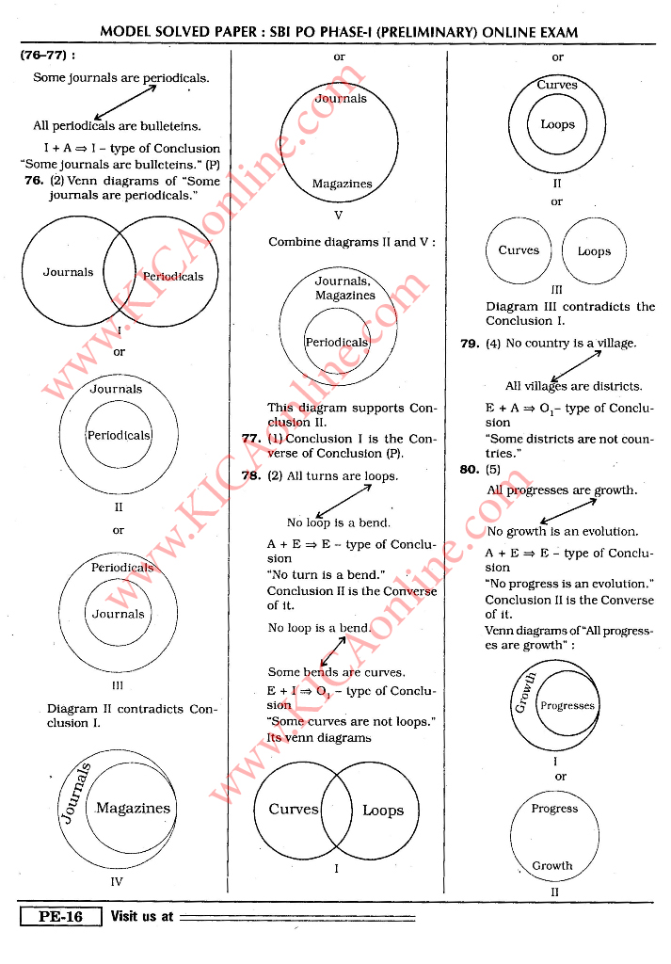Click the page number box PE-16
(x=60, y=916)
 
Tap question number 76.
(x=34, y=181)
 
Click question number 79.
(x=470, y=344)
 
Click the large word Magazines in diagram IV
(x=133, y=808)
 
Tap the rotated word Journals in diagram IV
(x=76, y=794)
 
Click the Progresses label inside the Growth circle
(x=567, y=706)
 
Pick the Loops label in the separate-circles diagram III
(x=594, y=251)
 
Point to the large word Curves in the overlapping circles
(x=294, y=810)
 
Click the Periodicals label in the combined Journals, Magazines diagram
(x=337, y=343)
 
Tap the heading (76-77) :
(x=47, y=56)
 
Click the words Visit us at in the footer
(x=142, y=916)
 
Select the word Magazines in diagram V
(x=342, y=185)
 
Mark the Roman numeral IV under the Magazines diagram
(x=117, y=882)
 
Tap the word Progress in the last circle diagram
(x=554, y=809)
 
